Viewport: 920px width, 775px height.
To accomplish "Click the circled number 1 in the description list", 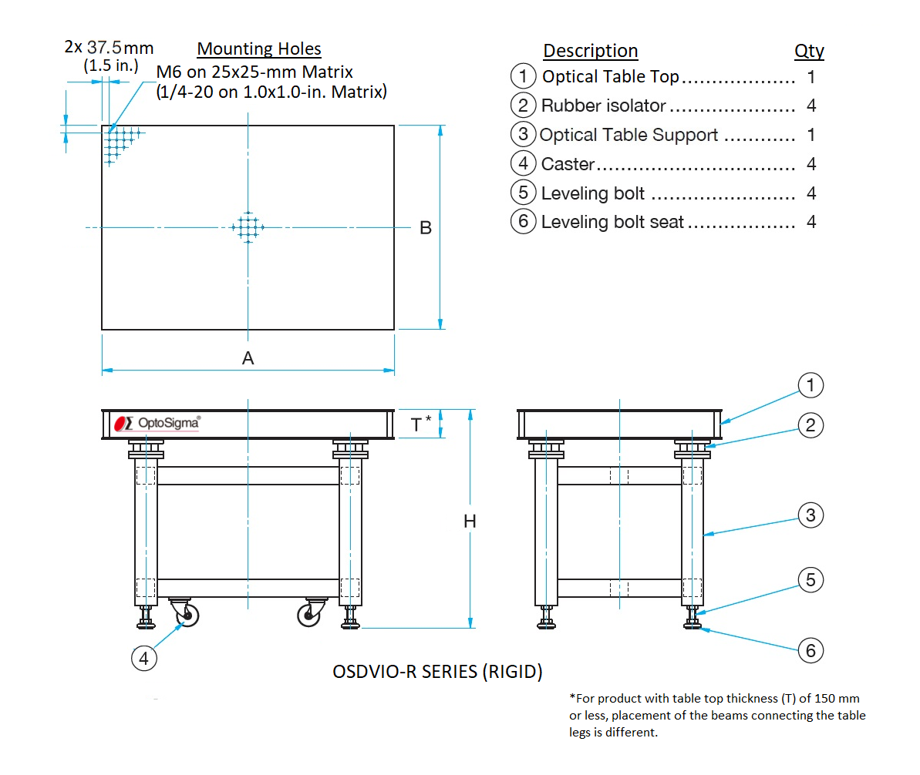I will [523, 76].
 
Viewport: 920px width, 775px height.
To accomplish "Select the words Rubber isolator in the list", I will [603, 106].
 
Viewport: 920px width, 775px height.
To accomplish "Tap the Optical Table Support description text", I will [628, 135].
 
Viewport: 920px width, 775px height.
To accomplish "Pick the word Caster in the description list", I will [568, 164].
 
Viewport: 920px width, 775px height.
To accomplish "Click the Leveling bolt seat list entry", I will [612, 222].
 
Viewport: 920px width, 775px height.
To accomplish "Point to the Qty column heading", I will [809, 51].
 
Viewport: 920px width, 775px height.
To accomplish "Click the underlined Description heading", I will [590, 51].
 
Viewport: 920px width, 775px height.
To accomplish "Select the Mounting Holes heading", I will [259, 49].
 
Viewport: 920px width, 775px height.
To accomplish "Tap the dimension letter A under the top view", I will [248, 357].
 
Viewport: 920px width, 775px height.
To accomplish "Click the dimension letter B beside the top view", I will [425, 228].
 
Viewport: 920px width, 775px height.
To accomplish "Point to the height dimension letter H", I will [470, 522].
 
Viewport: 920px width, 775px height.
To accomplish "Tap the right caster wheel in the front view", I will [309, 615].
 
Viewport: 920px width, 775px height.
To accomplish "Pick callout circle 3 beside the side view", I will [810, 515].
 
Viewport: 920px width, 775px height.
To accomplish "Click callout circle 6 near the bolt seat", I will [810, 651].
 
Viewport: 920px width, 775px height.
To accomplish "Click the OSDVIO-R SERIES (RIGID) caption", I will [437, 672].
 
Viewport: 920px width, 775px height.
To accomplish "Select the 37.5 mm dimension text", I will [120, 48].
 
